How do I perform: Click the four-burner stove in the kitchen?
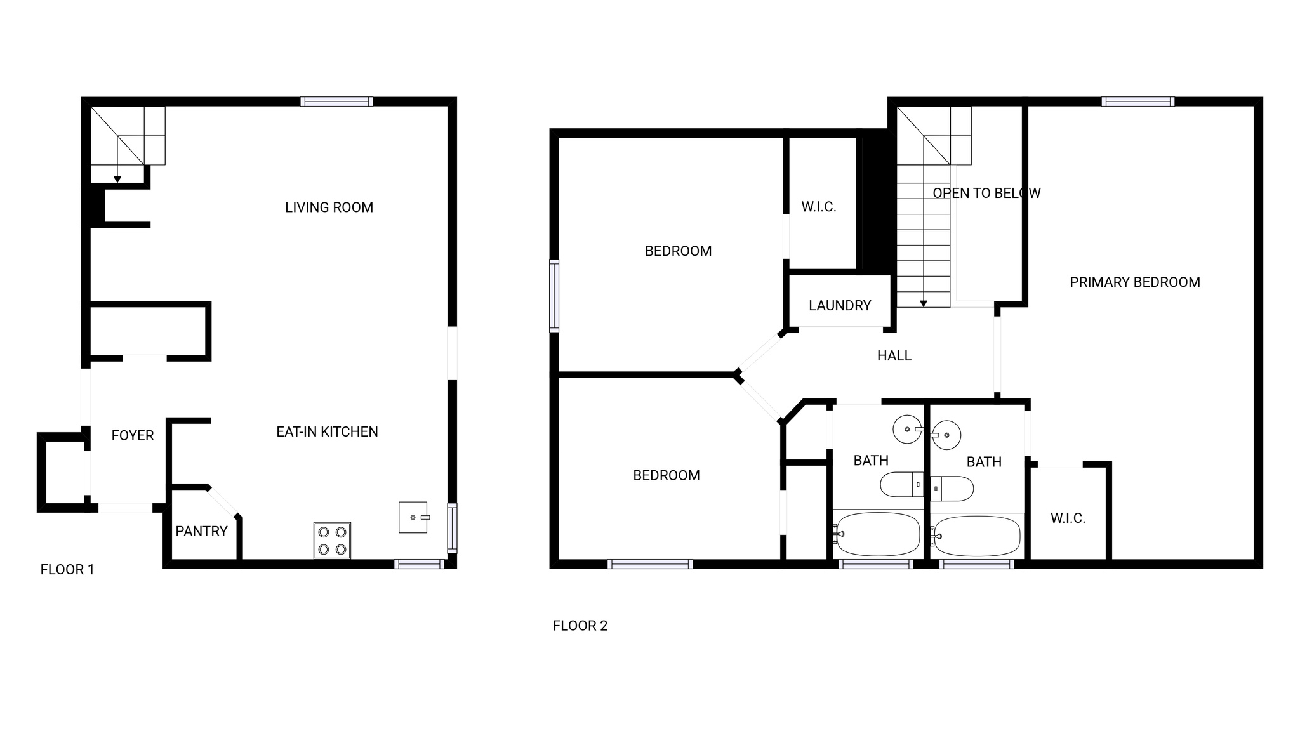point(332,541)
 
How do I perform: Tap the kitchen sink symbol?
point(413,517)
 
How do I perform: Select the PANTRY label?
point(201,532)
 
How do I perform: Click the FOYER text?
point(133,436)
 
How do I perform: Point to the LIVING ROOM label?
point(329,207)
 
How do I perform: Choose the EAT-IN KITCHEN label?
point(327,432)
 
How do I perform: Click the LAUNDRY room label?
point(840,306)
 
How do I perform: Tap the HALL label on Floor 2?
point(894,356)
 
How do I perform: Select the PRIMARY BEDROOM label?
point(1134,282)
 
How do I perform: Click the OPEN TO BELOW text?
point(986,194)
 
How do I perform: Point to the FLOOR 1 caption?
point(67,570)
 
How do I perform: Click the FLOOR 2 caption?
point(580,626)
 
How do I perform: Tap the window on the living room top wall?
point(336,102)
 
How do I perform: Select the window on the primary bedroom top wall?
point(1138,102)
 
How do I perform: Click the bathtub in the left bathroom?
point(878,534)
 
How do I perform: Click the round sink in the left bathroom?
point(907,430)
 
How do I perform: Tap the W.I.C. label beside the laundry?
point(819,207)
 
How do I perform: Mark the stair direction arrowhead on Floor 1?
point(117,180)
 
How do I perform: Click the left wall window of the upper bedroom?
point(554,296)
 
